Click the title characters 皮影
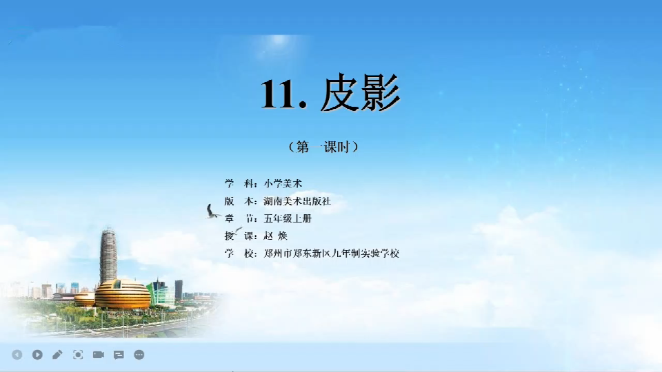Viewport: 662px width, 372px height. tap(360, 92)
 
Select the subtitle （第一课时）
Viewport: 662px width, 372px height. tap(323, 147)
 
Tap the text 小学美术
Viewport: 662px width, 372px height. tap(283, 183)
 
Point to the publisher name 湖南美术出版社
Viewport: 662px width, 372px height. tap(297, 201)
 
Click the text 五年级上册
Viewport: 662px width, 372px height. tap(288, 218)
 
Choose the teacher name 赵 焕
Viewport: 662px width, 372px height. tap(275, 236)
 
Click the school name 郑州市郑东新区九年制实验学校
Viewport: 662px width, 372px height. tap(332, 254)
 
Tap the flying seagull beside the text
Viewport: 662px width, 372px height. tap(212, 211)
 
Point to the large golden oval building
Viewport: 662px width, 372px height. tap(123, 294)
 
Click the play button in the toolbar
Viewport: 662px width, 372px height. tap(37, 355)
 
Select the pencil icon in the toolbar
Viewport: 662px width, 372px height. tap(57, 355)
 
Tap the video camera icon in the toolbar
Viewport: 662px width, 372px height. tap(99, 355)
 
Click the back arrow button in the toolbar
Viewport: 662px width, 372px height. tap(17, 355)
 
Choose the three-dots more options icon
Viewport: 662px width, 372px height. tap(139, 355)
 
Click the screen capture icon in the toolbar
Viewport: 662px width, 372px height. tap(78, 355)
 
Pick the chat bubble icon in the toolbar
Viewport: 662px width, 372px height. tap(119, 355)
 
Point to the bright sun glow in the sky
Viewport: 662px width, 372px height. tap(279, 40)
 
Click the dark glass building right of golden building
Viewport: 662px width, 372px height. tap(179, 290)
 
